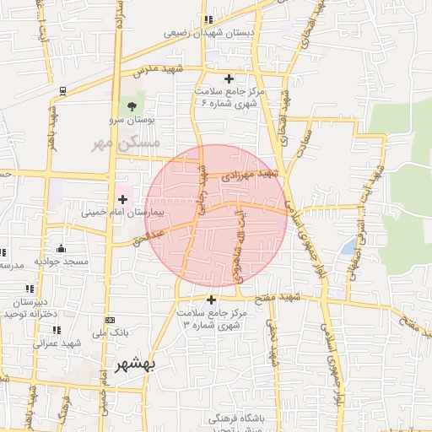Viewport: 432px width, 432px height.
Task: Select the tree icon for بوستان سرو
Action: pos(131,106)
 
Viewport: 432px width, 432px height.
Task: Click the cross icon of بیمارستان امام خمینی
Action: pos(123,199)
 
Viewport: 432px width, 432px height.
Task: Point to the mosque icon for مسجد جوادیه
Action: pos(61,248)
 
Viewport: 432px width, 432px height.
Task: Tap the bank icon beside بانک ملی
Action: pos(110,320)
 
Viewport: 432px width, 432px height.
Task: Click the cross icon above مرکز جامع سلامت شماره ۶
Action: pos(229,78)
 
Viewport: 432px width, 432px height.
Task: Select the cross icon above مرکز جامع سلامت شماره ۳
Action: pos(211,300)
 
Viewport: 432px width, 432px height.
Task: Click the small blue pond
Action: pos(348,246)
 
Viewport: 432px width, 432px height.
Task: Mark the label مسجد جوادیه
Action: pos(62,262)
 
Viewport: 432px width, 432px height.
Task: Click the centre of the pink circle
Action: pos(216,215)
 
